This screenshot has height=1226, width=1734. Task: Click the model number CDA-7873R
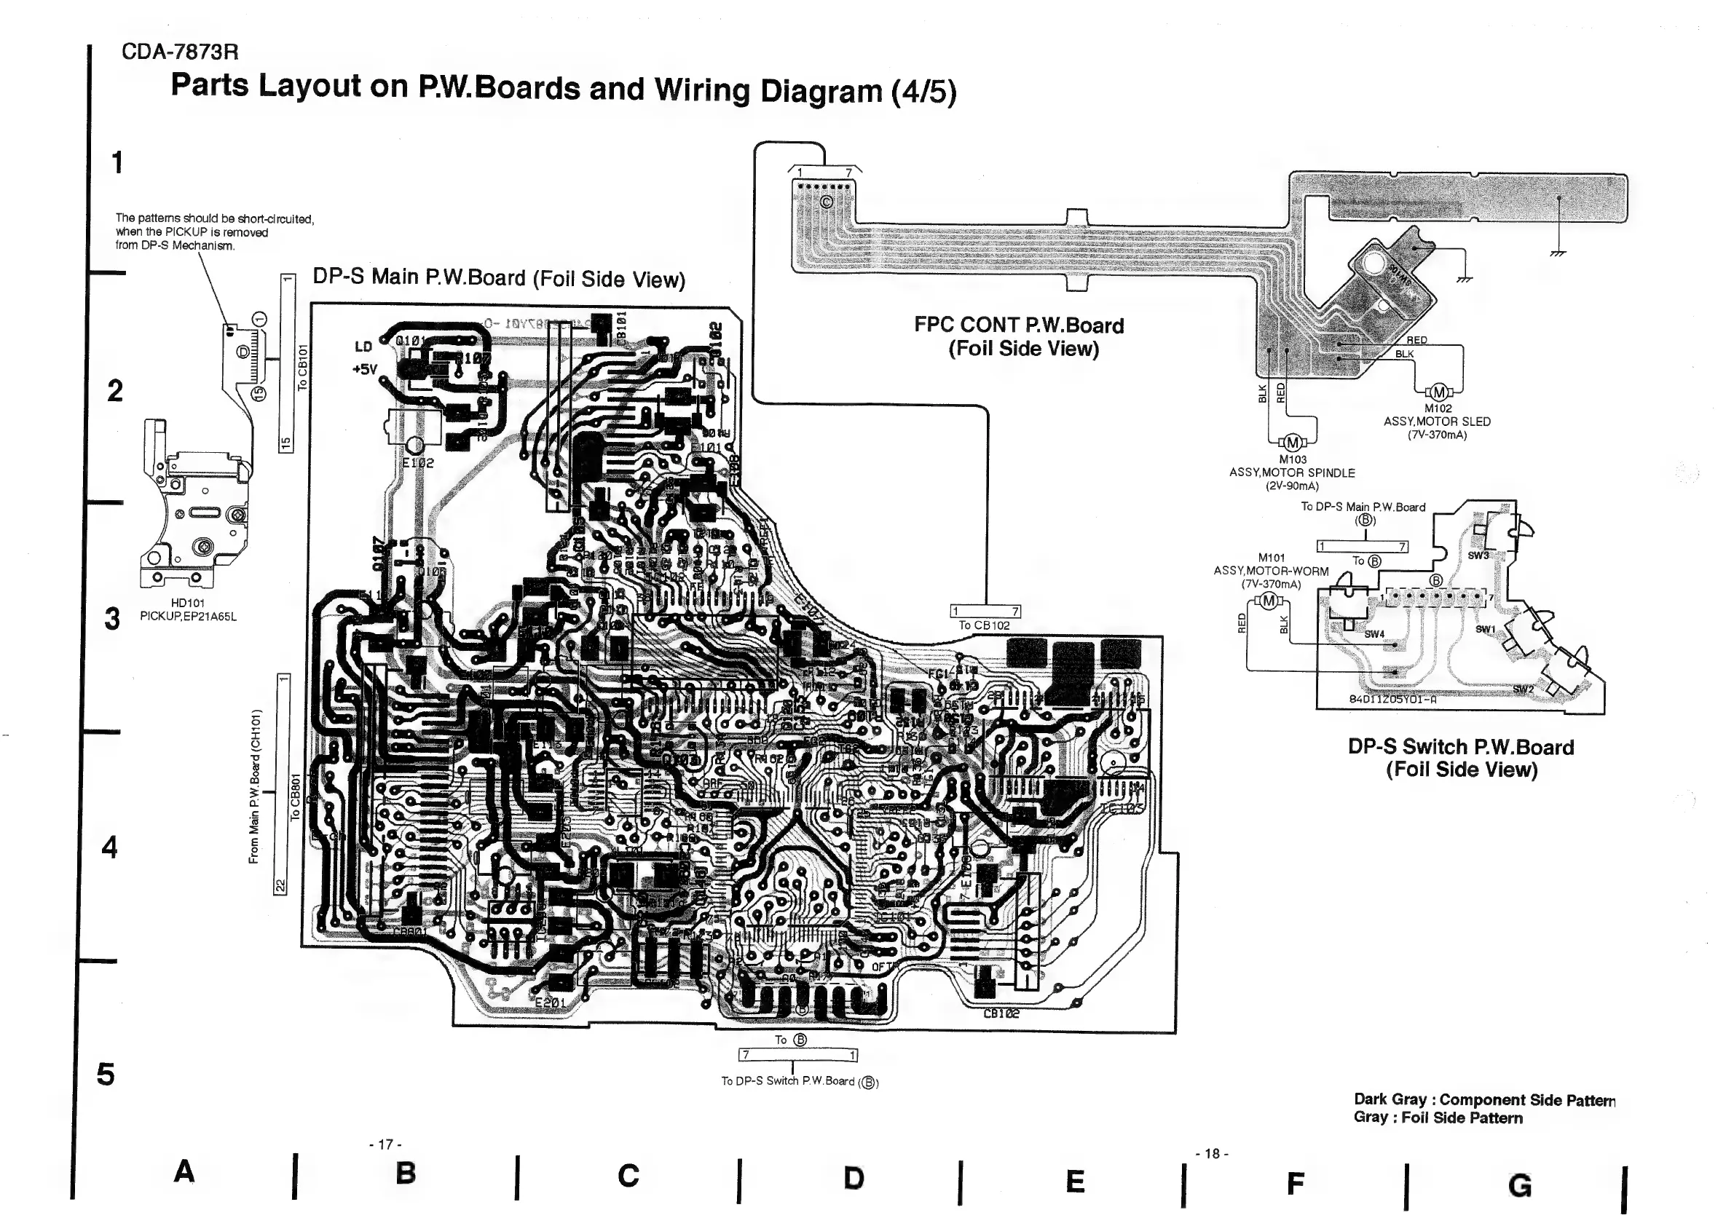pyautogui.click(x=180, y=52)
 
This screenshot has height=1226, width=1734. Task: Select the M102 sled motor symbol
pyautogui.click(x=1439, y=392)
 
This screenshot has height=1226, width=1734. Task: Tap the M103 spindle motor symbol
pyautogui.click(x=1292, y=443)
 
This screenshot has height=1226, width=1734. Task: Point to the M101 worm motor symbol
pyautogui.click(x=1269, y=601)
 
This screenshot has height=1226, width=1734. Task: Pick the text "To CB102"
pyautogui.click(x=984, y=625)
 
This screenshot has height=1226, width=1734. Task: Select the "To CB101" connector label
pyautogui.click(x=302, y=368)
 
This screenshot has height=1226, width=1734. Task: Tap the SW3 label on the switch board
pyautogui.click(x=1478, y=555)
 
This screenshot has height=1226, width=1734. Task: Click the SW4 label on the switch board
pyautogui.click(x=1374, y=634)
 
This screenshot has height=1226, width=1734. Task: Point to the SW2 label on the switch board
pyautogui.click(x=1524, y=689)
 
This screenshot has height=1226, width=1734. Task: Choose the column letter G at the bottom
pyautogui.click(x=1519, y=1186)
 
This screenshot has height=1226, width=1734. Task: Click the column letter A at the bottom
pyautogui.click(x=184, y=1171)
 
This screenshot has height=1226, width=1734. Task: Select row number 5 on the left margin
pyautogui.click(x=106, y=1075)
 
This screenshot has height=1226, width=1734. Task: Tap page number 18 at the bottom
pyautogui.click(x=1212, y=1154)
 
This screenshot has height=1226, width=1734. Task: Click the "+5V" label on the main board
pyautogui.click(x=365, y=369)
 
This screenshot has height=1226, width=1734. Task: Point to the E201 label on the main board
pyautogui.click(x=550, y=1002)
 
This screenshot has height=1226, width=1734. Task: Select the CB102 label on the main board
pyautogui.click(x=1001, y=1014)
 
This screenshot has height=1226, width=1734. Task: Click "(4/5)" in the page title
pyautogui.click(x=923, y=92)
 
